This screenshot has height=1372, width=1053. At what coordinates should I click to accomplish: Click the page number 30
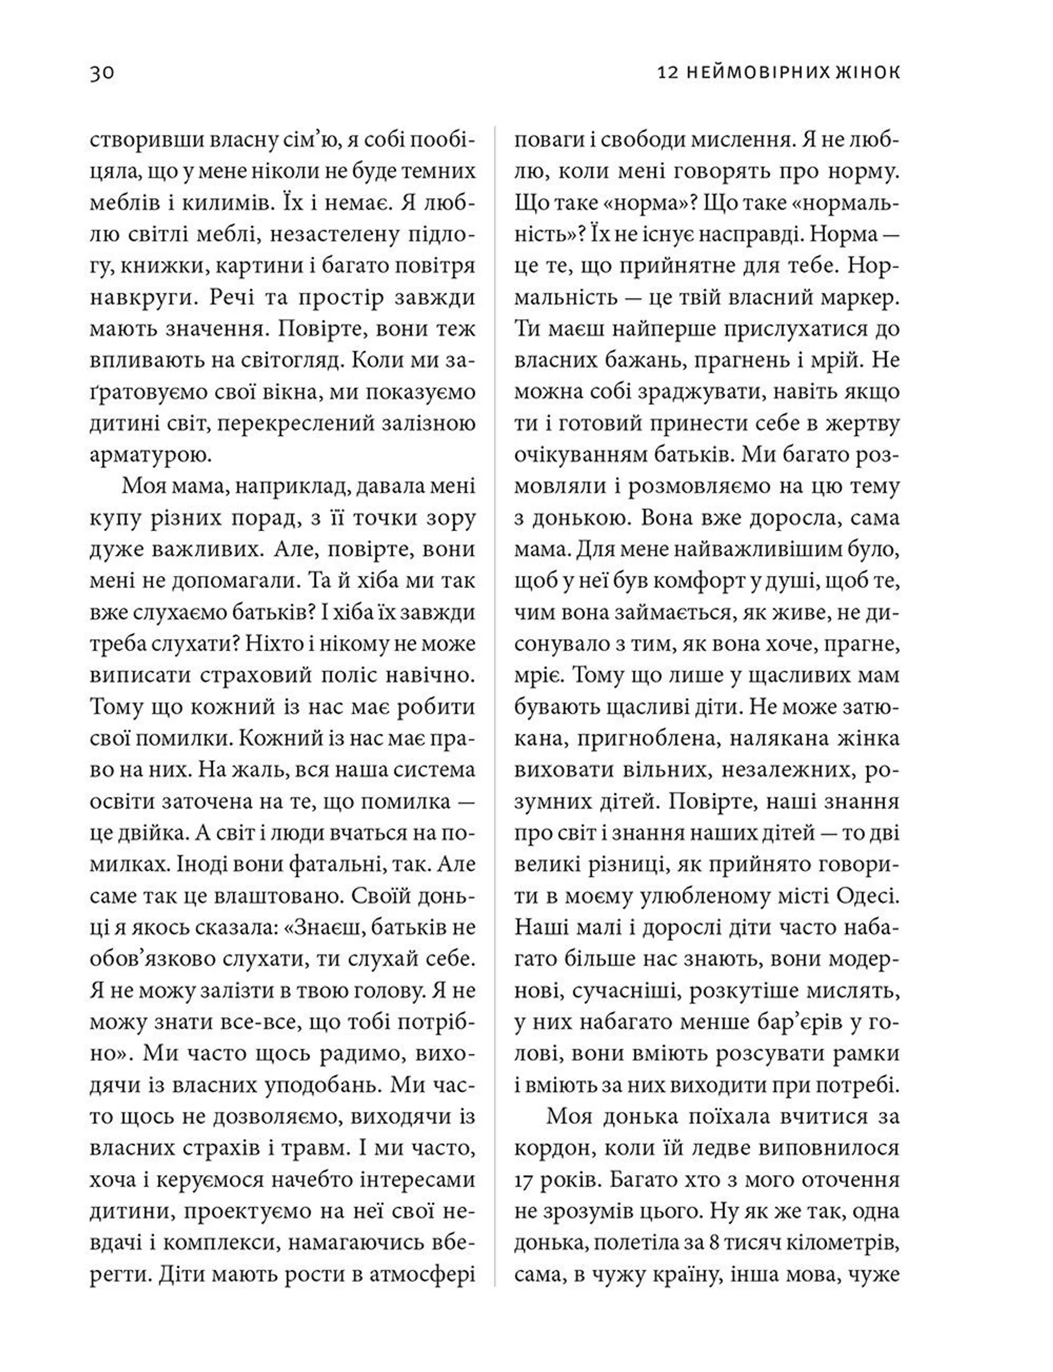pos(102,73)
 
